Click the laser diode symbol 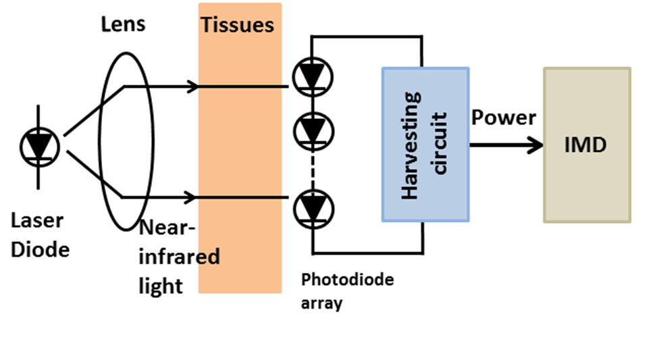pyautogui.click(x=40, y=147)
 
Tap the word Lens pyautogui.click(x=124, y=24)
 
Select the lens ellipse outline pyautogui.click(x=99, y=142)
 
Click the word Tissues pyautogui.click(x=238, y=25)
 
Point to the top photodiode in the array pyautogui.click(x=313, y=77)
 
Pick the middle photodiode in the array pyautogui.click(x=313, y=131)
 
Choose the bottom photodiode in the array pyautogui.click(x=313, y=209)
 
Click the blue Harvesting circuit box pyautogui.click(x=425, y=145)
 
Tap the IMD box pyautogui.click(x=587, y=145)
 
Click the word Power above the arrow pyautogui.click(x=504, y=118)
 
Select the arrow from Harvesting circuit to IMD pyautogui.click(x=506, y=145)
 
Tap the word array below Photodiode pyautogui.click(x=321, y=303)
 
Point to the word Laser pyautogui.click(x=37, y=220)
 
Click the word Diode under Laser pyautogui.click(x=40, y=250)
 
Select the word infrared pyautogui.click(x=179, y=256)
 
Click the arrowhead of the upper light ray pyautogui.click(x=192, y=86)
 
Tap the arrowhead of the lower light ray pyautogui.click(x=190, y=197)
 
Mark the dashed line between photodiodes pyautogui.click(x=313, y=170)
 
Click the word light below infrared pyautogui.click(x=161, y=286)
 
